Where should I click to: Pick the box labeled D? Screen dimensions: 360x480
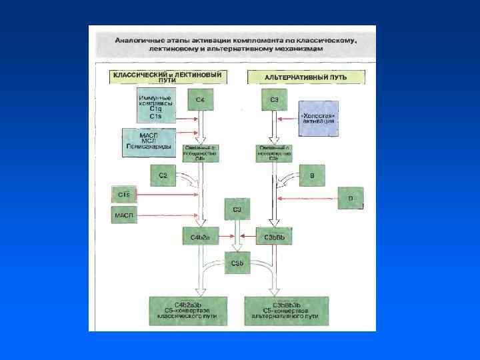pyautogui.click(x=351, y=198)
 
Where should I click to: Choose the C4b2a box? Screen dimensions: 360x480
pyautogui.click(x=201, y=237)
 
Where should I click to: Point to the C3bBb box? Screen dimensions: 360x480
pyautogui.click(x=274, y=237)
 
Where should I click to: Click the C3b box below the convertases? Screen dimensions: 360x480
pyautogui.click(x=237, y=263)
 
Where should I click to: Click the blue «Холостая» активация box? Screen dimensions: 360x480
pyautogui.click(x=319, y=118)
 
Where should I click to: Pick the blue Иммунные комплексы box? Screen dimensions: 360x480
pyautogui.click(x=156, y=104)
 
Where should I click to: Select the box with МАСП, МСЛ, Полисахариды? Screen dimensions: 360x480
pyautogui.click(x=147, y=142)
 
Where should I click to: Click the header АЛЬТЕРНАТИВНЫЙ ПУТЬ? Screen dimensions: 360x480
pyautogui.click(x=306, y=77)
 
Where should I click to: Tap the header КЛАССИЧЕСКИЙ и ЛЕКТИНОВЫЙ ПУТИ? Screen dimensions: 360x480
pyautogui.click(x=167, y=77)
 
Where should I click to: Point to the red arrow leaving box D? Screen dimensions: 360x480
pyautogui.click(x=307, y=199)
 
